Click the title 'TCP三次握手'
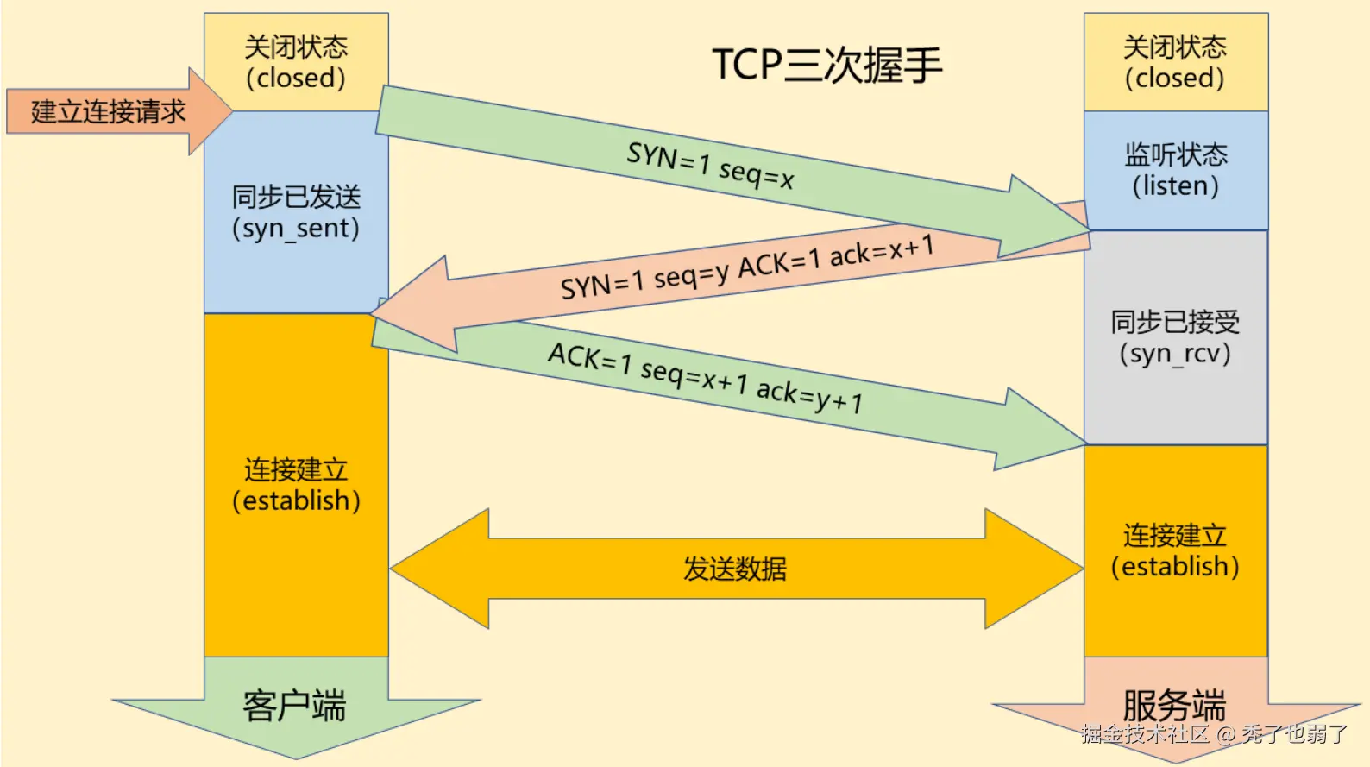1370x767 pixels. [x=826, y=65]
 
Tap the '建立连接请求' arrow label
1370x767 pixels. [x=108, y=111]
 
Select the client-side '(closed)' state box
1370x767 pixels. [x=296, y=62]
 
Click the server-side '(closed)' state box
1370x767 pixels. [x=1175, y=62]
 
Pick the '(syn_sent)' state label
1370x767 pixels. [x=296, y=229]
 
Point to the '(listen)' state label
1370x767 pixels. [x=1175, y=186]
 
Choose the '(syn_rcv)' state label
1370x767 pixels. [x=1175, y=354]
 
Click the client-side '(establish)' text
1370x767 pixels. [x=296, y=500]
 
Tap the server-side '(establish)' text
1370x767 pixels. [x=1175, y=567]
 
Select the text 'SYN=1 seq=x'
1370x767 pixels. [x=710, y=165]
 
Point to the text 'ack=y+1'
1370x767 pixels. [x=809, y=396]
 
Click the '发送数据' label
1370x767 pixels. [x=734, y=569]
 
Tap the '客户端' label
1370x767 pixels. [x=294, y=706]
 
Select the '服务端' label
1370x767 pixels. [x=1174, y=706]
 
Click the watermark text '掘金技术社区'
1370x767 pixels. [x=1144, y=734]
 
